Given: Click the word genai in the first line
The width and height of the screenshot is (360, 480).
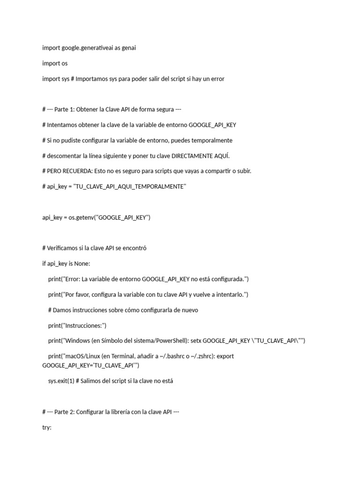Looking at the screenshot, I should click(128, 48).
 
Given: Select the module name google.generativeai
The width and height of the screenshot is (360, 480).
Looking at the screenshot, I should click(86, 48).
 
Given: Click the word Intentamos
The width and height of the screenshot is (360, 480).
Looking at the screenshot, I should click(63, 125).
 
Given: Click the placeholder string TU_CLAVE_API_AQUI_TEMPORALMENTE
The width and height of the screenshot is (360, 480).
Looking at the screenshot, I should click(130, 187).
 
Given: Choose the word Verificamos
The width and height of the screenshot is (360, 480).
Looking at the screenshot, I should click(64, 248).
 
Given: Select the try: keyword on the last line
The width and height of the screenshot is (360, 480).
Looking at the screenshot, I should click(46, 427).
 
